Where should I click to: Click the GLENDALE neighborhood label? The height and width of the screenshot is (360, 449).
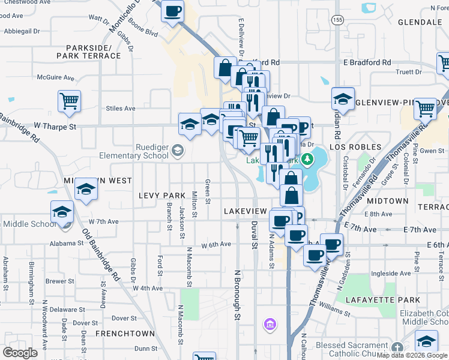[x=420, y=22]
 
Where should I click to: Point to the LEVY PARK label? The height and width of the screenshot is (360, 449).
[x=162, y=196]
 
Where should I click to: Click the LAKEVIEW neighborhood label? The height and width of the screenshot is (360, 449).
[x=245, y=212]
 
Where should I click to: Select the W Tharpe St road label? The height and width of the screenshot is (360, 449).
[x=55, y=127]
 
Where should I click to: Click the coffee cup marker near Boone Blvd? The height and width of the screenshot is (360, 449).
[x=172, y=11]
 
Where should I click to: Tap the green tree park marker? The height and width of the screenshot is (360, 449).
[x=307, y=159]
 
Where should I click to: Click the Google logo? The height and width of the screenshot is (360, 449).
[x=20, y=352]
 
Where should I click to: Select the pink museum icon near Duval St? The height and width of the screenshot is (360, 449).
[x=270, y=325]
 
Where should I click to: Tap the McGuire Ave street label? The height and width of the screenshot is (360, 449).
[x=56, y=77]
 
